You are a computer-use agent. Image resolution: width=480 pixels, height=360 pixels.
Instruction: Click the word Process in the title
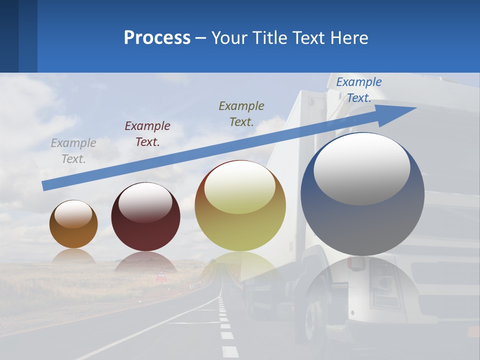pyautogui.click(x=157, y=38)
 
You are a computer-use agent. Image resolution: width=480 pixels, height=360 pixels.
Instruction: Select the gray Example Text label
pyautogui.click(x=73, y=150)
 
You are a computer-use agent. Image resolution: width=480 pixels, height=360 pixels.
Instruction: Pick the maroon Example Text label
pyautogui.click(x=147, y=133)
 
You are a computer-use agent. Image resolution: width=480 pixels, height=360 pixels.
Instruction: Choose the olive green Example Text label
pyautogui.click(x=241, y=113)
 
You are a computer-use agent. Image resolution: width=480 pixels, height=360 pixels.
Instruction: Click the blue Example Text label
pyautogui.click(x=359, y=90)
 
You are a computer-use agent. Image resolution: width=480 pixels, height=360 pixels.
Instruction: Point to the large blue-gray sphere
pyautogui.click(x=362, y=220)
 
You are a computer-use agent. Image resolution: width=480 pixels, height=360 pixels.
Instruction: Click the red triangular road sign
pyautogui.click(x=161, y=275)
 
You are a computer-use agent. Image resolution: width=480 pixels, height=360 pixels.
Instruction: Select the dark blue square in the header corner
pyautogui.click(x=9, y=36)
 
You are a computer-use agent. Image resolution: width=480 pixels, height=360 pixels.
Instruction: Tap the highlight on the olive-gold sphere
pyautogui.click(x=240, y=187)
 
